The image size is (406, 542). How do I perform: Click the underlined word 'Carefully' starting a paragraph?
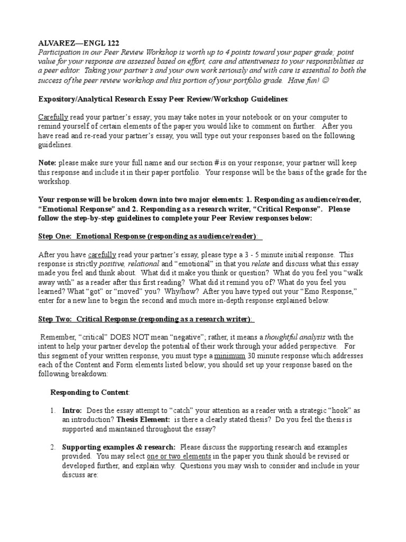[53, 117]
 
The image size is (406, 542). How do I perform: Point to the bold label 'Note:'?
[48, 162]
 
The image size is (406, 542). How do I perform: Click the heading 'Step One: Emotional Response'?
[149, 236]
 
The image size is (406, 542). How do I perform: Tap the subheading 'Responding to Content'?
[89, 392]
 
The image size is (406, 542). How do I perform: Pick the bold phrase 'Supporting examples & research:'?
[118, 447]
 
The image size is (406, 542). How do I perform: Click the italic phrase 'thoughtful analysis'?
[295, 337]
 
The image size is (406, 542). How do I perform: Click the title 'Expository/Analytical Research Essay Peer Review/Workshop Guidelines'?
[164, 99]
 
